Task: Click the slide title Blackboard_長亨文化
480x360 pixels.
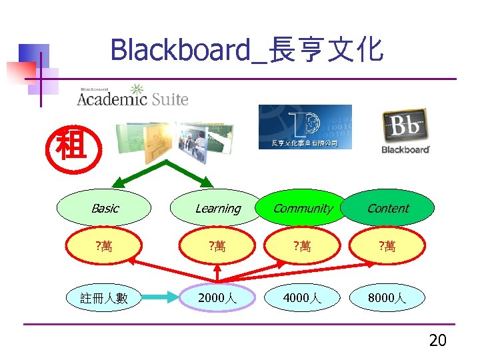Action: (x=247, y=49)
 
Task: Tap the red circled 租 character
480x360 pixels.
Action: (x=72, y=145)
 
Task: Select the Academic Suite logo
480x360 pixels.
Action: (x=133, y=97)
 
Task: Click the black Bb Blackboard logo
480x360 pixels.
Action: (x=405, y=131)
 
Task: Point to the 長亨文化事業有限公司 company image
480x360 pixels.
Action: (x=305, y=127)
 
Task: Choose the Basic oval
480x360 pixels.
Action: (x=105, y=208)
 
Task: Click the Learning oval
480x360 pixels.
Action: (x=217, y=208)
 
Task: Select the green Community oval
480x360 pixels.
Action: (x=303, y=208)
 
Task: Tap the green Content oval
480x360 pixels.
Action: (x=388, y=208)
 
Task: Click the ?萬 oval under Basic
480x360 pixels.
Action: (x=104, y=247)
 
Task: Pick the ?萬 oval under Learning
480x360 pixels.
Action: (x=217, y=247)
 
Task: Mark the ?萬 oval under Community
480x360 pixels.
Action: (x=303, y=247)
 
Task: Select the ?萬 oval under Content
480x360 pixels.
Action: (x=388, y=247)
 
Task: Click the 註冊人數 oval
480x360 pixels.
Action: (x=104, y=298)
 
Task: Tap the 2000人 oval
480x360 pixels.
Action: (x=217, y=298)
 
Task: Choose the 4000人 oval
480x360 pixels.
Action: (x=303, y=298)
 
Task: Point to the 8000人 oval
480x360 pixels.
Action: (x=388, y=298)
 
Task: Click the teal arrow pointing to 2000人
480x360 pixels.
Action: (x=160, y=298)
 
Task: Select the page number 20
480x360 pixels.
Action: (x=437, y=341)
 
